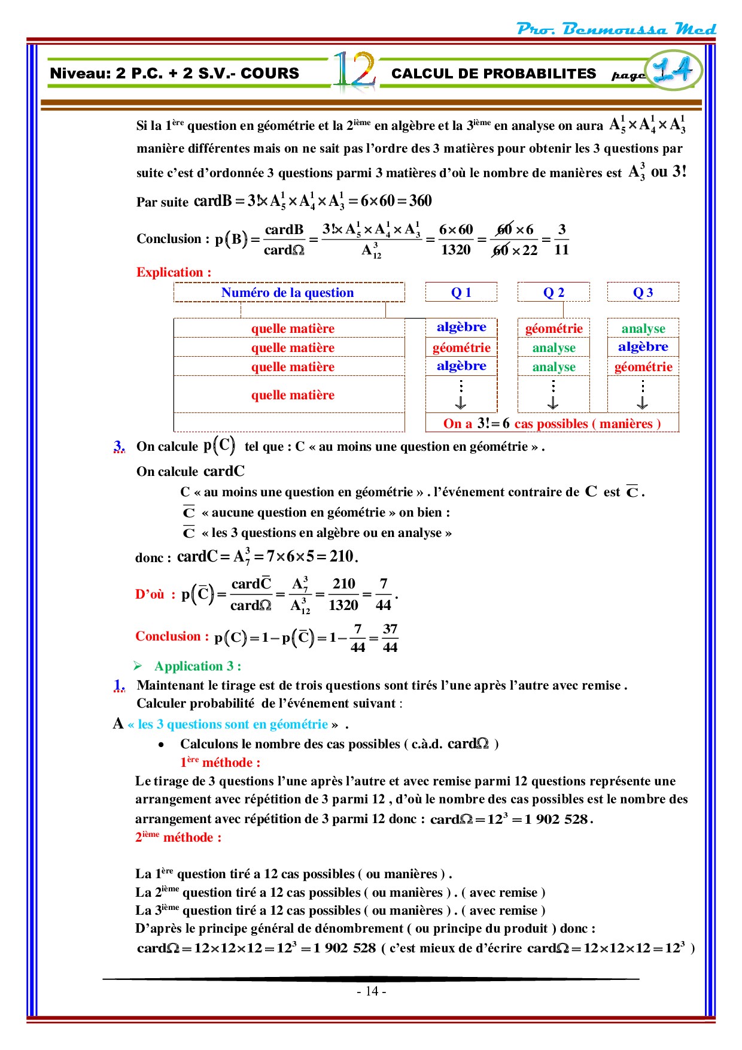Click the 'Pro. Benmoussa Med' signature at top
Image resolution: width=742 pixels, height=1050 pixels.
[616, 29]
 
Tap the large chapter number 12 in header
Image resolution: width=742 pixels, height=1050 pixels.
[354, 72]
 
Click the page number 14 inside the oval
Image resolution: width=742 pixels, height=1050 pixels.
[673, 71]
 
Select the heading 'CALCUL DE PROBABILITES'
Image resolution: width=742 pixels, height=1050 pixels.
[494, 74]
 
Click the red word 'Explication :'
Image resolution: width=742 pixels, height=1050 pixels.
[174, 272]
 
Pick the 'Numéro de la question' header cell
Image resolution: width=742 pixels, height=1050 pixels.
[288, 293]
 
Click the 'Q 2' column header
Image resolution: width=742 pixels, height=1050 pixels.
[554, 293]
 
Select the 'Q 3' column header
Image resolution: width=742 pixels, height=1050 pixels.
[643, 293]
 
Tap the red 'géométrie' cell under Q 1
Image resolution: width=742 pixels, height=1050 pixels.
[461, 348]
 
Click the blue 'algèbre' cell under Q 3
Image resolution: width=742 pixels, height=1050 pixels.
[643, 347]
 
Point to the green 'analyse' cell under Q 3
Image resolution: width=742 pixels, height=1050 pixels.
[643, 329]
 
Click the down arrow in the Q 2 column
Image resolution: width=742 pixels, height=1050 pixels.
[553, 403]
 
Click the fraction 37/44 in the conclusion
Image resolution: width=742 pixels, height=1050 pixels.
[390, 638]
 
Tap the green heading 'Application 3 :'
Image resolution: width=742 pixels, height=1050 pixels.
[197, 666]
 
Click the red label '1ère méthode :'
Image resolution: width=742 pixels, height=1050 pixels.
[220, 763]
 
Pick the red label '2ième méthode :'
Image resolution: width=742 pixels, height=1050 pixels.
[178, 837]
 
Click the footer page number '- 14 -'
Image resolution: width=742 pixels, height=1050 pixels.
[371, 991]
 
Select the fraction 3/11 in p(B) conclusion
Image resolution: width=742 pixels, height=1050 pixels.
[561, 239]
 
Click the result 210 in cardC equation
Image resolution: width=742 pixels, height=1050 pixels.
[342, 557]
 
